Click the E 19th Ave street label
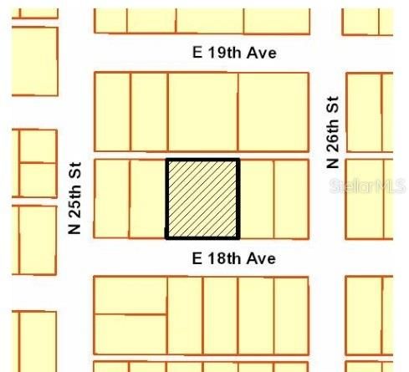tap(234, 54)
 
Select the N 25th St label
tap(74, 197)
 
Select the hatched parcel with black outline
tap(202, 198)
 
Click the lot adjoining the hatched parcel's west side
tap(148, 198)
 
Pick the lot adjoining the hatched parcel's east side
tap(256, 198)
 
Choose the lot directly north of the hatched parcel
tap(202, 111)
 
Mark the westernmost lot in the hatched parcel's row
tap(111, 198)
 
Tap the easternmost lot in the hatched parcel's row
tap(291, 198)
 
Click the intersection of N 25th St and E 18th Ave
tap(75, 257)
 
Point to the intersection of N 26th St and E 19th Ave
tap(327, 54)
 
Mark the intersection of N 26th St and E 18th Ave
tap(327, 257)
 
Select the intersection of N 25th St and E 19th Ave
tap(75, 54)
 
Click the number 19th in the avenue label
tap(223, 54)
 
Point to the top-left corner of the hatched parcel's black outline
tap(167, 160)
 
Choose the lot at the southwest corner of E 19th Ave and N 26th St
tap(273, 111)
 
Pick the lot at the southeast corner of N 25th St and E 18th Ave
tap(130, 294)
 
